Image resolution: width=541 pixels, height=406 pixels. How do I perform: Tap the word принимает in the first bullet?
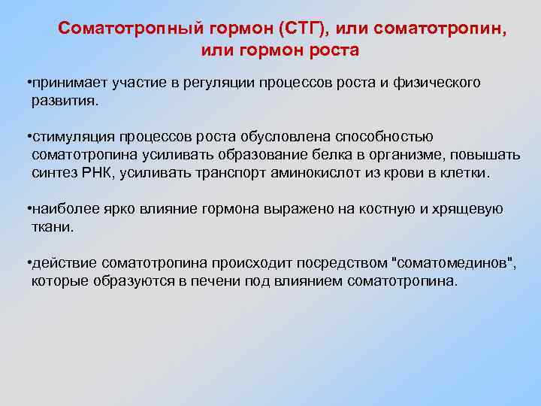click(64, 82)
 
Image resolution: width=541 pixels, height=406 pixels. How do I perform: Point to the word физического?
click(437, 82)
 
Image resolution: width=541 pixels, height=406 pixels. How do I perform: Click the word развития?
click(65, 100)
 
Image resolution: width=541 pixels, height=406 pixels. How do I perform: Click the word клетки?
click(465, 172)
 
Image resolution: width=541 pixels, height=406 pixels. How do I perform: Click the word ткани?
click(52, 226)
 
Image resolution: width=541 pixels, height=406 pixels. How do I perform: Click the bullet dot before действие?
click(28, 262)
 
